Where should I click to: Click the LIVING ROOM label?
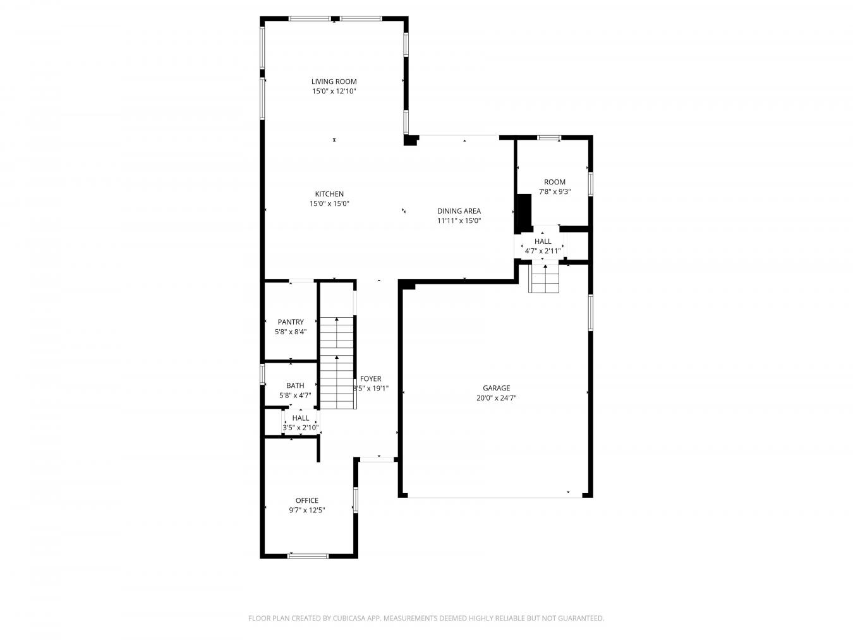334,82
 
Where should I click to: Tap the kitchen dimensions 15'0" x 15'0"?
329,204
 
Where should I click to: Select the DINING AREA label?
459,211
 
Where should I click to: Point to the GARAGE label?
496,389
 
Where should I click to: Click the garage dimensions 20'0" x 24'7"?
496,399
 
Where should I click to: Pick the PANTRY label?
290,322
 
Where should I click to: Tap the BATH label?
295,385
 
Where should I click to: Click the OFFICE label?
307,500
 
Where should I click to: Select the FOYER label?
371,379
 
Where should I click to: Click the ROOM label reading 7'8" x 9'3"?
555,182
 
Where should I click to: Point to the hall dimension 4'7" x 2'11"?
543,251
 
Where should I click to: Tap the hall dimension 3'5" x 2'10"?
301,428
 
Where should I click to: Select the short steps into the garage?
544,279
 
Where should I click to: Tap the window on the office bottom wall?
308,556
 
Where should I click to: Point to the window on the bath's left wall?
262,374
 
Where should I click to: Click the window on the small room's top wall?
548,137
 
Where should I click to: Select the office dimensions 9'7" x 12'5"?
307,510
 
